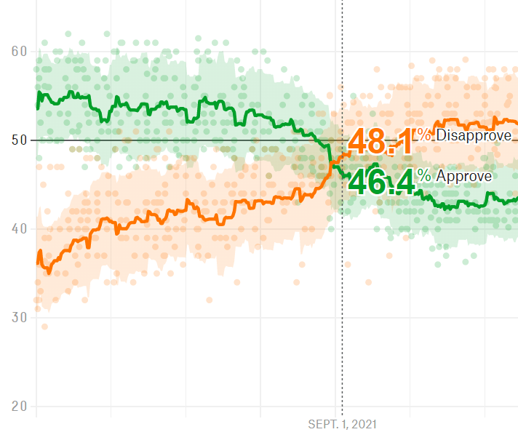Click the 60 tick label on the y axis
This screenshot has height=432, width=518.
(x=18, y=51)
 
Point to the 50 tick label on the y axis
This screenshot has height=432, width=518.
(x=18, y=140)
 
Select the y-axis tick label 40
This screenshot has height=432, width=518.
(x=18, y=228)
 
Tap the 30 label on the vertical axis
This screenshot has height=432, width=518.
(x=18, y=317)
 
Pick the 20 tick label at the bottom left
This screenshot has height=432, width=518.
(x=18, y=406)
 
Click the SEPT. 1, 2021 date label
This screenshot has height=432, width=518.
(x=343, y=423)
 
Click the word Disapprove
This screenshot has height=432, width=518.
(x=474, y=135)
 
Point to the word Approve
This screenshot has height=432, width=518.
(x=463, y=176)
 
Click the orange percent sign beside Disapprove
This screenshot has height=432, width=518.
(x=425, y=135)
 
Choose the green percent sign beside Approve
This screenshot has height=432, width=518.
(x=425, y=176)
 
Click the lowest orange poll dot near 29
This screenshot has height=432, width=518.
(x=44, y=327)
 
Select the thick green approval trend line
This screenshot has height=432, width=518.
(x=182, y=109)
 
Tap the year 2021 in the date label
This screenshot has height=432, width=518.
(x=365, y=423)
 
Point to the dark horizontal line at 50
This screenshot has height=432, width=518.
(x=218, y=140)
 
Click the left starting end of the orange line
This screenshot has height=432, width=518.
(x=37, y=262)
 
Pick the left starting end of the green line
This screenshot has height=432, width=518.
(x=37, y=108)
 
